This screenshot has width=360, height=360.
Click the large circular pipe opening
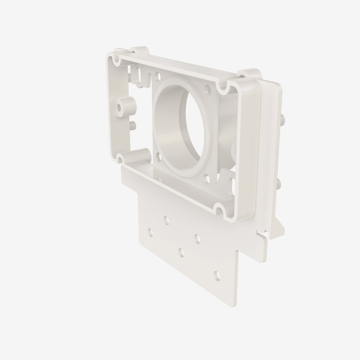pos(190,127)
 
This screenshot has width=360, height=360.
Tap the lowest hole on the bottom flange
pos(217,276)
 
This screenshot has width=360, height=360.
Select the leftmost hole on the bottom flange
pos(150,232)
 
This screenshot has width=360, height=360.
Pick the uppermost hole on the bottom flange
pos(166,220)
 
